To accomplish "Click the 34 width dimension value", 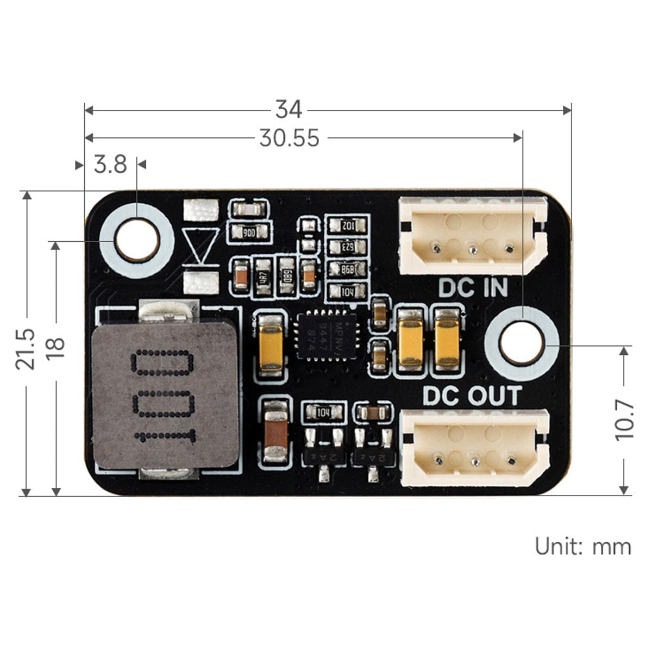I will tap(289, 110).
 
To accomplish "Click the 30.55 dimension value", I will tap(289, 138).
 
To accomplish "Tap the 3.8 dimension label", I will tap(110, 164).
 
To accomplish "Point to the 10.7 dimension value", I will tap(624, 419).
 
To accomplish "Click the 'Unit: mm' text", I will tap(583, 546).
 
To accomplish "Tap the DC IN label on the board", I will tap(473, 288).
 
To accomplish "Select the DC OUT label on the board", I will tap(472, 396).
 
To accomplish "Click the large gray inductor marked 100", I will tap(165, 394).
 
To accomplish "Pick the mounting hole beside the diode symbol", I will tap(137, 240).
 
